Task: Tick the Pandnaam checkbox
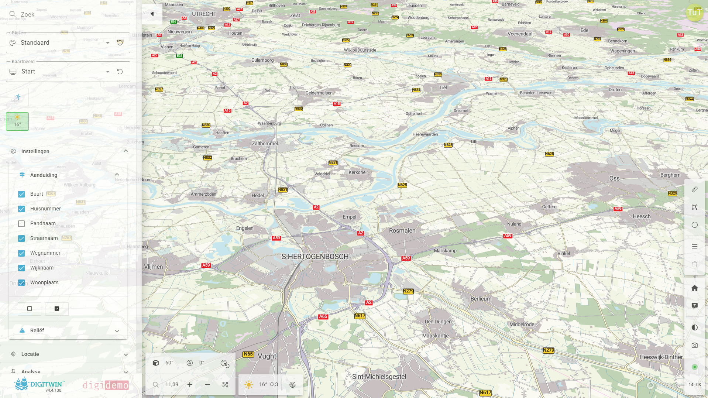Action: [21, 224]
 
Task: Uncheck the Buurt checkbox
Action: [21, 194]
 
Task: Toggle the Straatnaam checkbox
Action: [21, 239]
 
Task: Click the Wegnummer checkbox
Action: [21, 253]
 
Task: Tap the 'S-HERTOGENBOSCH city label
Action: [315, 257]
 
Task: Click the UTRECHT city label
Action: [204, 14]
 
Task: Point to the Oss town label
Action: [614, 178]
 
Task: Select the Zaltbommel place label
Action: [265, 143]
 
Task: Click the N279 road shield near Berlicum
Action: [408, 291]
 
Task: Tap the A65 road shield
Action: [323, 316]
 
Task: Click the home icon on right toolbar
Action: [694, 288]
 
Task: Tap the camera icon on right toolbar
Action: [694, 346]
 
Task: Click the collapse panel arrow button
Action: [152, 14]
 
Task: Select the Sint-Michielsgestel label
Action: [379, 377]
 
